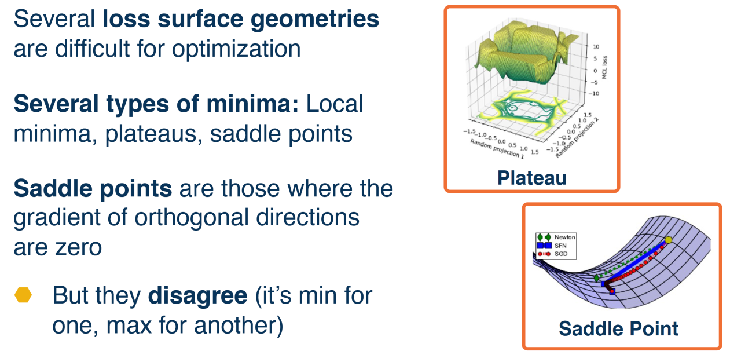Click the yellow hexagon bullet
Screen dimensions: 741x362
pos(23,295)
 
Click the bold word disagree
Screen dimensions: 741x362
pos(197,295)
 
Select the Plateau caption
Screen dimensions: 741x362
pos(532,178)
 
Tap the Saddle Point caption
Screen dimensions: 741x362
pos(618,328)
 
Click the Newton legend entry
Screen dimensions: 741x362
pos(556,237)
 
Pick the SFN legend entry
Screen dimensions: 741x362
pos(552,246)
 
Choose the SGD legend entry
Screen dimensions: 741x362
pos(552,254)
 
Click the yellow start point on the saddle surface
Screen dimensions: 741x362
pos(668,240)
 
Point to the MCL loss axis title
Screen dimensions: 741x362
pos(605,68)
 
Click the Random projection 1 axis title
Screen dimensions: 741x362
pos(497,149)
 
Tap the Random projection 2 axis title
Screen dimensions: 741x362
pos(577,138)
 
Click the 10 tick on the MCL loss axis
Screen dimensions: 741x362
pos(596,47)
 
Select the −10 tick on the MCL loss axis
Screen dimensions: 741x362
pos(594,94)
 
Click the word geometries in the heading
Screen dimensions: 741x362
pos(314,20)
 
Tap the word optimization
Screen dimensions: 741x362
pos(236,50)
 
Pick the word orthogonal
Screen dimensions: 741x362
pos(192,218)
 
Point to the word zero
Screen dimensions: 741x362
pos(78,248)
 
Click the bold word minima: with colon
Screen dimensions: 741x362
pos(252,104)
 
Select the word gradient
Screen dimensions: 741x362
pos(56,218)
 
